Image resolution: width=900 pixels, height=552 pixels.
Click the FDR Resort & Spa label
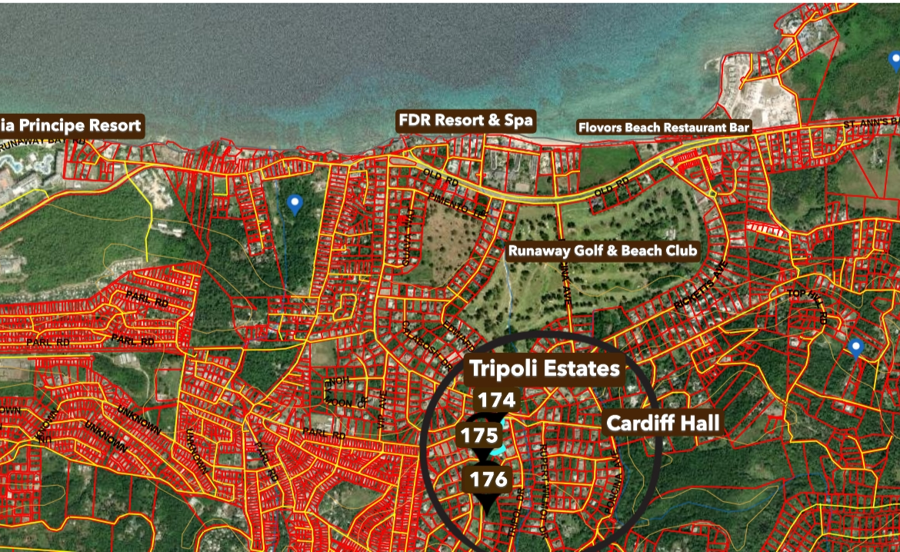(x=465, y=121)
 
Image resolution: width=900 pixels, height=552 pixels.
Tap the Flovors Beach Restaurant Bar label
(x=664, y=127)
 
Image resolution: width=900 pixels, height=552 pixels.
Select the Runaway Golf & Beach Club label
(x=602, y=251)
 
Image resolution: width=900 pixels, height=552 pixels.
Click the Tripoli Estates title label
(x=545, y=369)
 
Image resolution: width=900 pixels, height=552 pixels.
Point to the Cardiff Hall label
(x=663, y=423)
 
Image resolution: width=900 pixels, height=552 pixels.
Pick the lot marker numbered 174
(x=495, y=400)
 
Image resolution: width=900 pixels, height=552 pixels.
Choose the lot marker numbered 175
(x=480, y=436)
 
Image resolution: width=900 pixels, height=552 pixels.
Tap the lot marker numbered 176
(x=489, y=480)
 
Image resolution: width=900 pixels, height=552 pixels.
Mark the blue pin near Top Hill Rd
(x=855, y=349)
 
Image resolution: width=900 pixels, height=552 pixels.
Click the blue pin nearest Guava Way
(x=294, y=204)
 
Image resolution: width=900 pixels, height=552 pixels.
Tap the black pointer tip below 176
(x=487, y=510)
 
